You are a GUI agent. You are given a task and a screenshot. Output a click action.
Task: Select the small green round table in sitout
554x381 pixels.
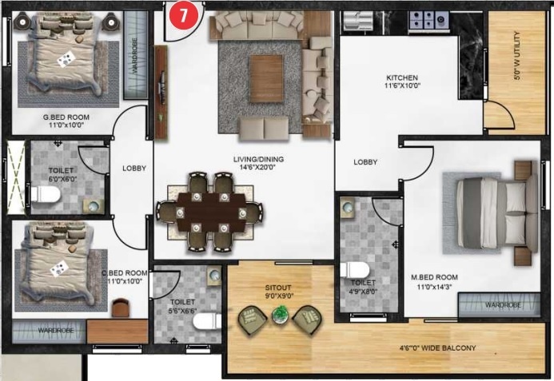(x=279, y=316)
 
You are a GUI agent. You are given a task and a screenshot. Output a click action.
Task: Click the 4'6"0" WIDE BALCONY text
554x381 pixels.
(x=437, y=348)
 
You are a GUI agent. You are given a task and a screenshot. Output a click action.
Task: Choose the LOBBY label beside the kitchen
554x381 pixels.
(x=366, y=162)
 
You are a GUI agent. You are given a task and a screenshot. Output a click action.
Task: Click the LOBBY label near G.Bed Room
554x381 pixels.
(x=133, y=169)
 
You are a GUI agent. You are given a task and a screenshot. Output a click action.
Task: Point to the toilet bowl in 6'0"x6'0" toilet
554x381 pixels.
(x=42, y=194)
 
